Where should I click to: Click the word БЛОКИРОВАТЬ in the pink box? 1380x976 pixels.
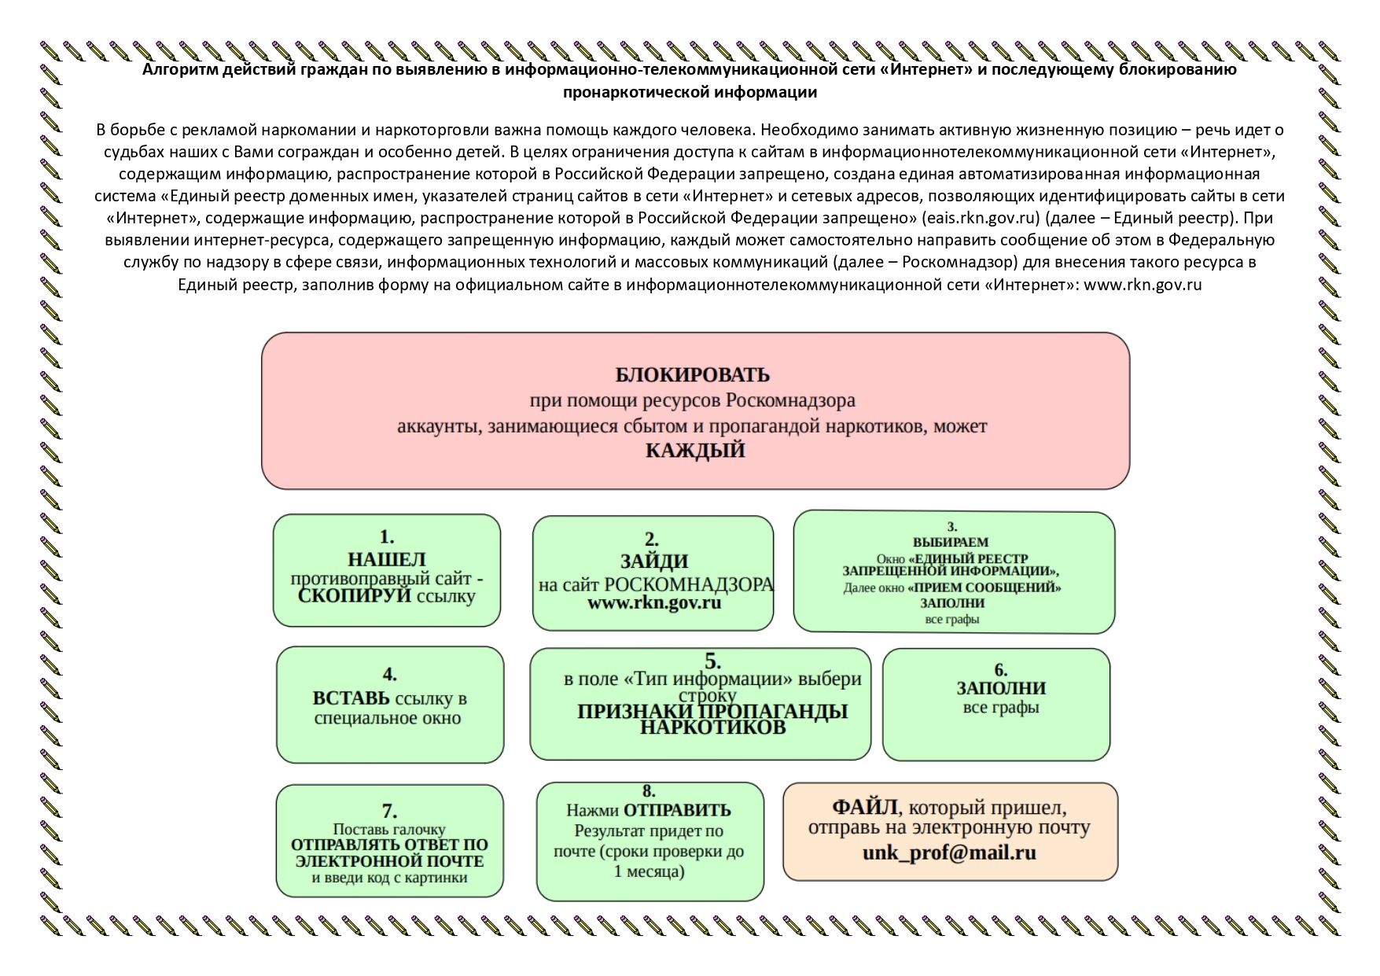pyautogui.click(x=692, y=374)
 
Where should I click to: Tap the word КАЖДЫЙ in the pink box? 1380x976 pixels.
pyautogui.click(x=695, y=451)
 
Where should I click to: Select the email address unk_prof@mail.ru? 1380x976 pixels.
pyautogui.click(x=949, y=853)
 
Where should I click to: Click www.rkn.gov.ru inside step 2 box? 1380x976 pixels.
pyautogui.click(x=654, y=603)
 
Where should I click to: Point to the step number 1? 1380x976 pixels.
pyautogui.click(x=387, y=537)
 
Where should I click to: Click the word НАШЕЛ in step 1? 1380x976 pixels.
pyautogui.click(x=387, y=559)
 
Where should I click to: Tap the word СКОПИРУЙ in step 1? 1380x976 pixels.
pyautogui.click(x=355, y=595)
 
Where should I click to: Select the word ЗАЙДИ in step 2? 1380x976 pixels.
pyautogui.click(x=654, y=562)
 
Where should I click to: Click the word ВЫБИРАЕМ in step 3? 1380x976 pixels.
pyautogui.click(x=951, y=542)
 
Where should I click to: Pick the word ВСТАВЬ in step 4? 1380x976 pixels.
pyautogui.click(x=351, y=698)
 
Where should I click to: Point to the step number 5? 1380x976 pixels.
pyautogui.click(x=712, y=661)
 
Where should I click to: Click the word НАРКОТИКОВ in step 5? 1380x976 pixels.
pyautogui.click(x=712, y=727)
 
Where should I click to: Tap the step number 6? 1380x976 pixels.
pyautogui.click(x=1000, y=670)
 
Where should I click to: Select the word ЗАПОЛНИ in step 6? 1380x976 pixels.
pyautogui.click(x=1000, y=688)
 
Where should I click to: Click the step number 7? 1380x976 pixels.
pyautogui.click(x=389, y=812)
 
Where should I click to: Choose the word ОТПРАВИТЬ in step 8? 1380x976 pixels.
pyautogui.click(x=677, y=810)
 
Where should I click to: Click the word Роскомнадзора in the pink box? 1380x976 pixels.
pyautogui.click(x=790, y=401)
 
